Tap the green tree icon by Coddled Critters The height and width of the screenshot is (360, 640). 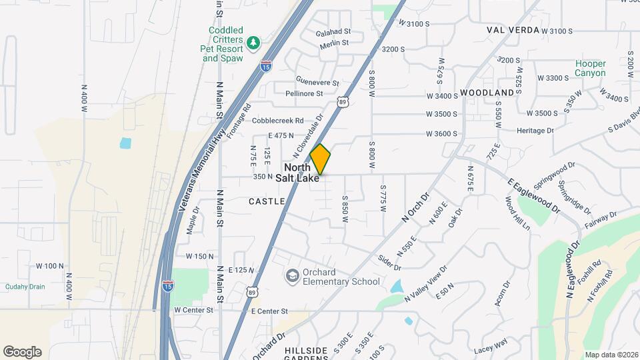[x=253, y=44]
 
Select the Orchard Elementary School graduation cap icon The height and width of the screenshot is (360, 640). [x=292, y=276]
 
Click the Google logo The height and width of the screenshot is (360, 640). [x=22, y=352]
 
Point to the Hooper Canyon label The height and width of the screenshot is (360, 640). [x=591, y=69]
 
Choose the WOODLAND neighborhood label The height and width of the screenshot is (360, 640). [x=487, y=92]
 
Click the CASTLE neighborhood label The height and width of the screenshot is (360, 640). [x=267, y=201]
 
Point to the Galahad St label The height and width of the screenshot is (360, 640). [x=333, y=31]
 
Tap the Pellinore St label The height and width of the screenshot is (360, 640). [x=305, y=94]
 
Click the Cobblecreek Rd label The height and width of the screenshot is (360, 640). [x=278, y=121]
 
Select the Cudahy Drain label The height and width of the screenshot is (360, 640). [x=23, y=286]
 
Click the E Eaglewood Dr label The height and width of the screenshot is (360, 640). [x=533, y=195]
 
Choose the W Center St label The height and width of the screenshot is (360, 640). [x=193, y=310]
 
